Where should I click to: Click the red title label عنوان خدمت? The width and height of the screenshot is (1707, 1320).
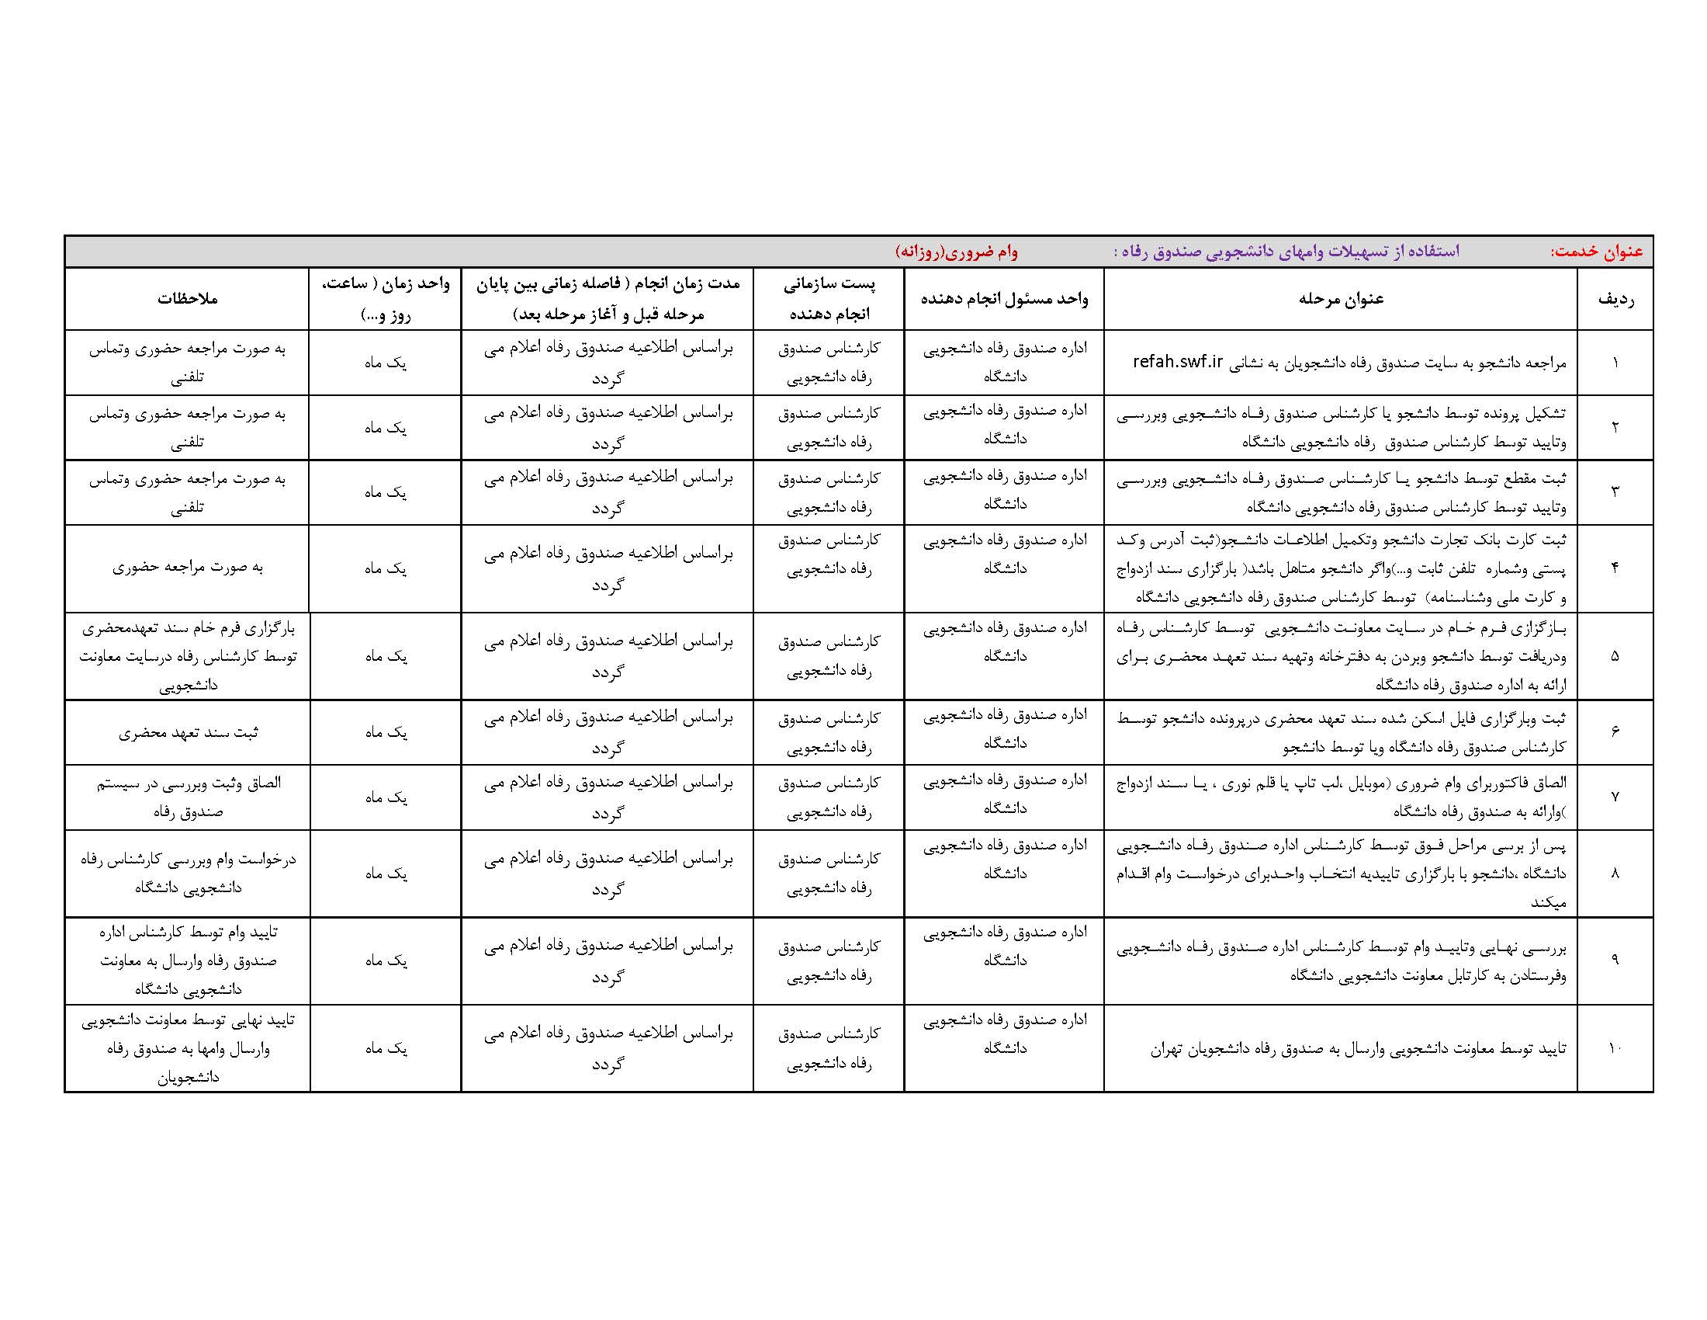1596,252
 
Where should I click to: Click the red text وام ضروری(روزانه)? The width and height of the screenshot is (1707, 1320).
956,252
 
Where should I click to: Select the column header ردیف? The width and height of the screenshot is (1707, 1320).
1615,299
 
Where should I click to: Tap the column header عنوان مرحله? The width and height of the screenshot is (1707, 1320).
1341,299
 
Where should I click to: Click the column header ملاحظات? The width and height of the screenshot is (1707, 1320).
188,299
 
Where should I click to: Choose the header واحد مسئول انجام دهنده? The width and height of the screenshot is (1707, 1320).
1004,299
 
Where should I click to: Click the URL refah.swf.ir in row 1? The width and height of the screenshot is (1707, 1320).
1178,362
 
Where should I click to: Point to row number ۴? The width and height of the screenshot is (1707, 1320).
1615,568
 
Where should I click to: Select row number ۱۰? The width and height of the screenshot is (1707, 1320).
1615,1048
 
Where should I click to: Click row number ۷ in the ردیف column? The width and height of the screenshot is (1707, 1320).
1615,797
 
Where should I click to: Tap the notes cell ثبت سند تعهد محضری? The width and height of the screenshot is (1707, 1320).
188,733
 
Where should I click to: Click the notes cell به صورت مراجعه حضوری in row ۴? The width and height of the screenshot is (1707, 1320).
188,568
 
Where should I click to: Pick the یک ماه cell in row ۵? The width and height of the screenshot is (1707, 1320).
386,656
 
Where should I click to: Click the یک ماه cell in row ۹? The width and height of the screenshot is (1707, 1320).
386,960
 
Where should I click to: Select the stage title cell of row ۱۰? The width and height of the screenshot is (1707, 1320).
1358,1049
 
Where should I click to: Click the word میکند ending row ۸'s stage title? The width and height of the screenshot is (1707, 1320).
1549,903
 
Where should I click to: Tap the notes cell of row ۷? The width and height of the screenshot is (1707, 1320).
188,797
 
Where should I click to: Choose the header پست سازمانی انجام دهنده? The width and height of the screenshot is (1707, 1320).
829,299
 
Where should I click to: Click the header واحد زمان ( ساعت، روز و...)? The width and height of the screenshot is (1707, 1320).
386,299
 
